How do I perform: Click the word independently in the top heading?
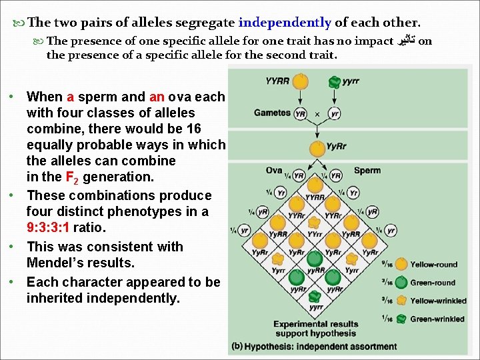coord(285,23)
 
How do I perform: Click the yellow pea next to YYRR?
coord(302,81)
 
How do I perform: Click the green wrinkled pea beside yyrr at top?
coord(334,81)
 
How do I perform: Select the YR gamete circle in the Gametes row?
coord(301,113)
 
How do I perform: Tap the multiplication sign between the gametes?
coord(317,114)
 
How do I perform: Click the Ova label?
coord(274,171)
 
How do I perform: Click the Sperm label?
coord(367,171)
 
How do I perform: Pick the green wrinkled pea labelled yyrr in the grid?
coord(317,296)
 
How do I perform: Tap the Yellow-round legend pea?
coord(401,265)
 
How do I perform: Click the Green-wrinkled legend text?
coord(437,319)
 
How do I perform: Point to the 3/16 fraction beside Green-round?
coord(386,283)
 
